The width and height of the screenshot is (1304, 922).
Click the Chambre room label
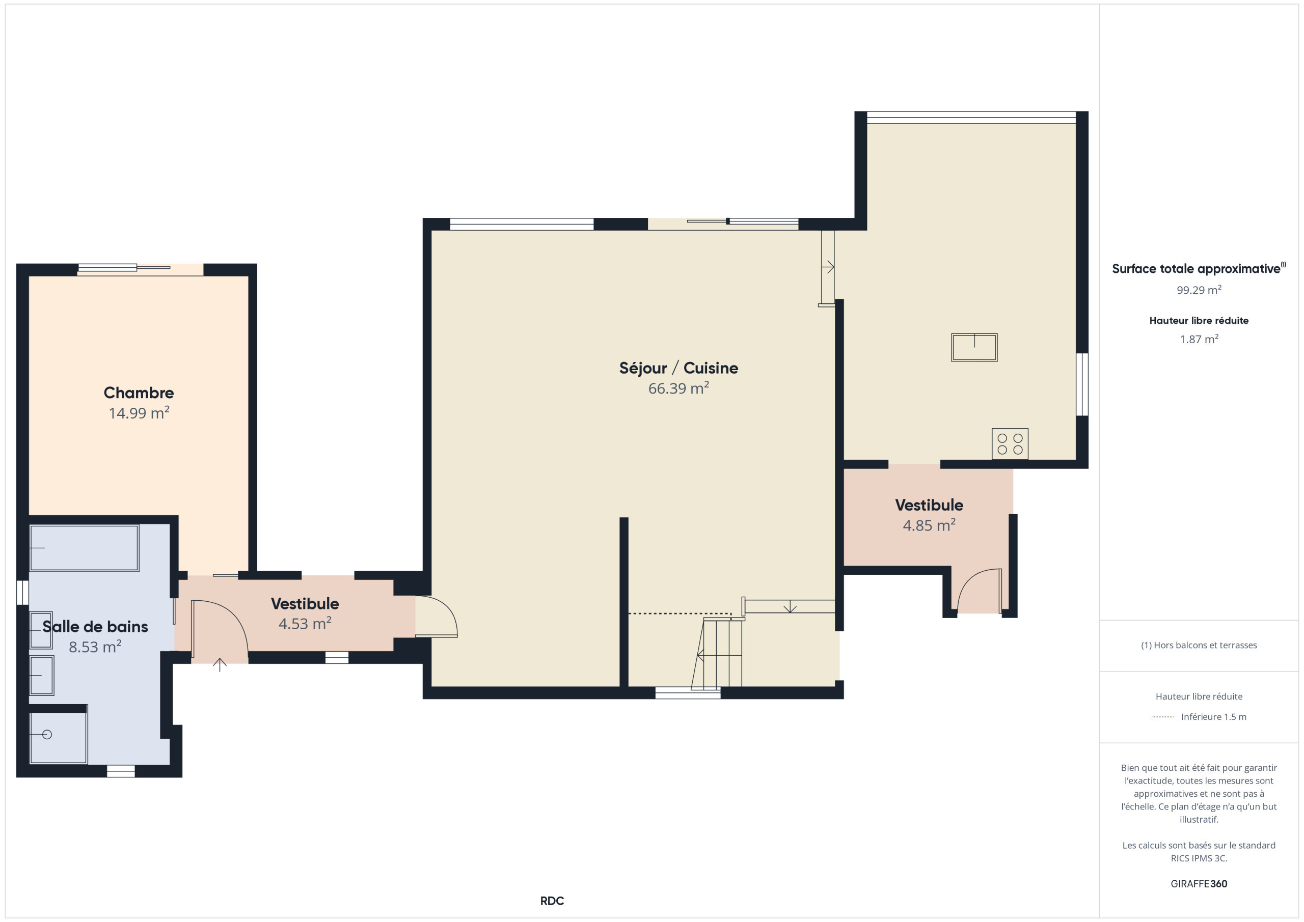139,393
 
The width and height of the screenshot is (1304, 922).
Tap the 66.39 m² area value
678,388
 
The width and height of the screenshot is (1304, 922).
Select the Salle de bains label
95,626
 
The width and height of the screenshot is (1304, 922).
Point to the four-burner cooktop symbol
1010,444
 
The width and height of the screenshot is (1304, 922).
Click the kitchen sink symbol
974,347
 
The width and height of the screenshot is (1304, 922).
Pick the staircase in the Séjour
717,654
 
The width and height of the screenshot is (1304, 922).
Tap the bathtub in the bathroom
84,548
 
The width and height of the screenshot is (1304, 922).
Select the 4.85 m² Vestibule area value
929,525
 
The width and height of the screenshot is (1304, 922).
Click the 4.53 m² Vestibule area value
305,623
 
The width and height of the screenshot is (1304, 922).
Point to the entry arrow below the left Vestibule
220,664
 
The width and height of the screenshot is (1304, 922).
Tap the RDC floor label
552,901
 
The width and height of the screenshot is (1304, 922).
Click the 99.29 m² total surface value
1199,290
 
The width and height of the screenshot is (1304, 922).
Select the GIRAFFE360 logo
1199,884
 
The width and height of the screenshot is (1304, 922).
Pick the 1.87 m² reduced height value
1199,339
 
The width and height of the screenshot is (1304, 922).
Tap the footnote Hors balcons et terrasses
1199,645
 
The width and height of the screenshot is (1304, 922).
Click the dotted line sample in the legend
1162,717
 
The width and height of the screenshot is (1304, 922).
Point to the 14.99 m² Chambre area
139,413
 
